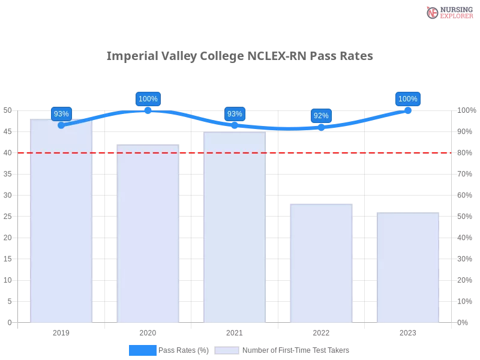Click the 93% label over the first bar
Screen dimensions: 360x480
[x=61, y=113]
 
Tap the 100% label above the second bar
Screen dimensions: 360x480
[x=148, y=99]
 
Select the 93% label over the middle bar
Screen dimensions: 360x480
[x=235, y=113]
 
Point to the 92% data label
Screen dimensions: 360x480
[x=321, y=115]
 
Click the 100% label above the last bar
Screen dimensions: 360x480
[x=407, y=99]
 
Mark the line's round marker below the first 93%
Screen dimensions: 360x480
[x=61, y=125]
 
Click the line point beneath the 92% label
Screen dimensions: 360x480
[x=321, y=127]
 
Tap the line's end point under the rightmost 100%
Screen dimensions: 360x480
[x=407, y=110]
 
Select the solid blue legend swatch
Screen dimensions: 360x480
[x=142, y=350]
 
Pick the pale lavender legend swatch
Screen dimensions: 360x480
[x=227, y=350]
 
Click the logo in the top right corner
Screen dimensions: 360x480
[x=448, y=13]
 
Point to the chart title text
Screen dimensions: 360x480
[x=239, y=56]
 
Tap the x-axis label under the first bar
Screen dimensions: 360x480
[x=62, y=331]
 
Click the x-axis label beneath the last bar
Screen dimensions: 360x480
[x=407, y=331]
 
